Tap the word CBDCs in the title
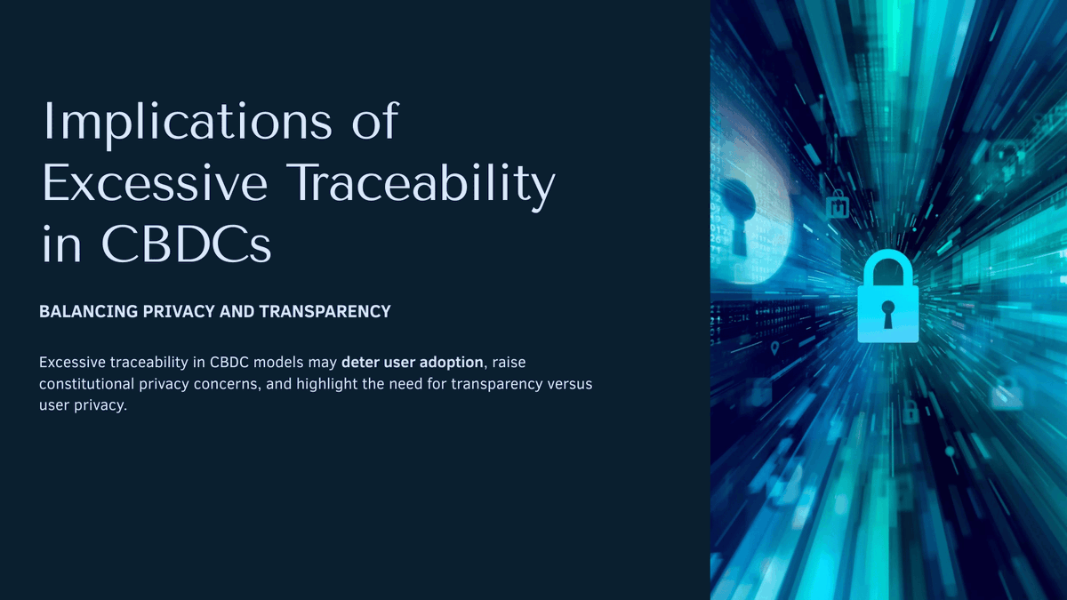click(x=187, y=244)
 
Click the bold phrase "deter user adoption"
click(x=412, y=363)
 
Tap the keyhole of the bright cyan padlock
click(x=887, y=312)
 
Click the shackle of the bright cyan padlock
click(x=887, y=268)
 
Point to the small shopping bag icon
click(x=838, y=206)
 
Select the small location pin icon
click(x=774, y=347)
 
